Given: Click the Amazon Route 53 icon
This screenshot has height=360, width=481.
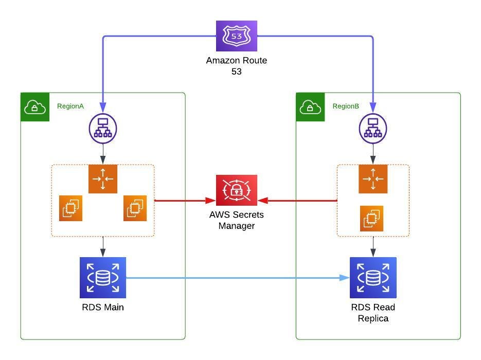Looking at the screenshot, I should (236, 36).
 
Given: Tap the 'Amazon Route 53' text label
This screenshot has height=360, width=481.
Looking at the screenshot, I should (237, 66).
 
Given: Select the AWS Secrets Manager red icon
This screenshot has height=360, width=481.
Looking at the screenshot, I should (236, 190).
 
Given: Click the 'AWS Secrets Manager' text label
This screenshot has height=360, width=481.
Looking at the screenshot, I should (237, 220).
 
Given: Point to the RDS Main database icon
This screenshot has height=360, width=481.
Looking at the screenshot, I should (103, 278).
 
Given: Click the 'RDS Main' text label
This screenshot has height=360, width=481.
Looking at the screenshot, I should (103, 308).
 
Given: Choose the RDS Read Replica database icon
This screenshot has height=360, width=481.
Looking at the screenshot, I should (373, 278).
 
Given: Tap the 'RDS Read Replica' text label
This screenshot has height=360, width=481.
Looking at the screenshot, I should (373, 313).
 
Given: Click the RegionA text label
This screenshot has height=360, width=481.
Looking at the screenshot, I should (70, 106).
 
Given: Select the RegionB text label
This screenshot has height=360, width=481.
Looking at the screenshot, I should (346, 106).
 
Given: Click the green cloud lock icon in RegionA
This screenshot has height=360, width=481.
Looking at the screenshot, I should (35, 107).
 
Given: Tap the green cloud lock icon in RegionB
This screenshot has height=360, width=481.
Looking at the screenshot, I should (310, 107).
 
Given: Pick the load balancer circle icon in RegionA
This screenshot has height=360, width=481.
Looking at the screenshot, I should (103, 128).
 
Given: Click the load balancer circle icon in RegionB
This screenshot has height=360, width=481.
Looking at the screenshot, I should (373, 128).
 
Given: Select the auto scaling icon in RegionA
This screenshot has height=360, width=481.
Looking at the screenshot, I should (103, 179).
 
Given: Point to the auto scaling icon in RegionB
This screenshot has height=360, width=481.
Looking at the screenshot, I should (373, 179).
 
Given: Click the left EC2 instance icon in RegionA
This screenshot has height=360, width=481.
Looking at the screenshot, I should (70, 208).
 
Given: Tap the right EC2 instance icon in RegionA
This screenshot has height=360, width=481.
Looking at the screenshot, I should (135, 208).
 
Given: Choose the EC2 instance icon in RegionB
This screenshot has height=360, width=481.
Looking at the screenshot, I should (371, 218).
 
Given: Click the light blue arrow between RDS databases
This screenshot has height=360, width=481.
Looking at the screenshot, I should (237, 278).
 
